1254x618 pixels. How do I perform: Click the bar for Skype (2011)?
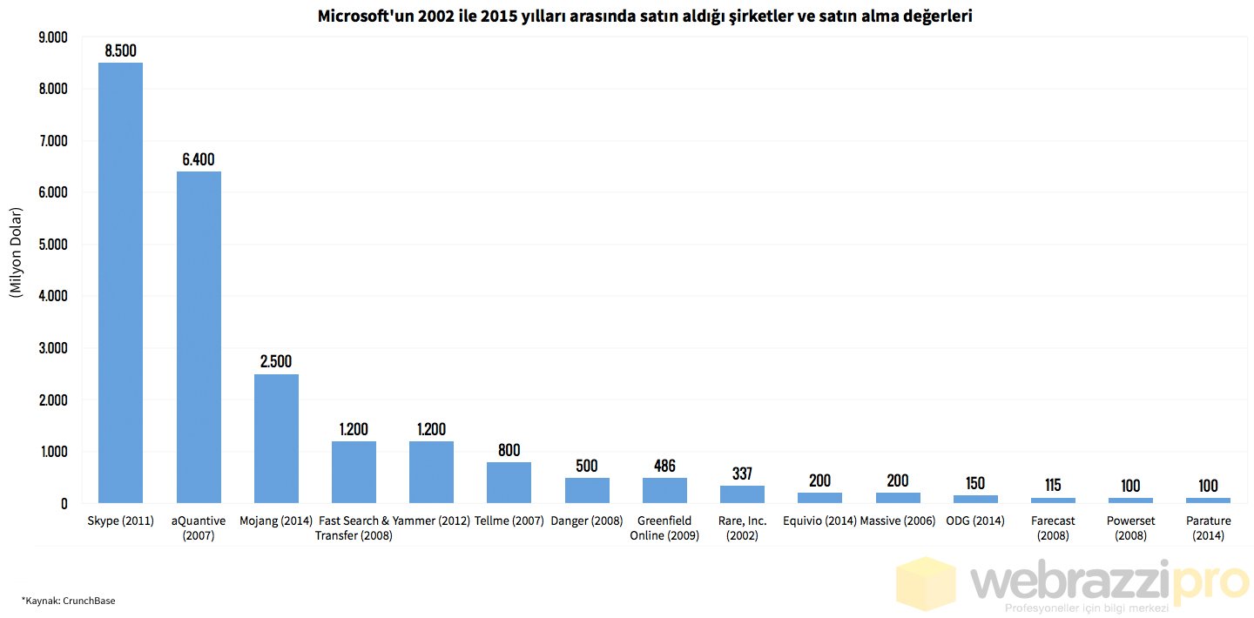(x=120, y=283)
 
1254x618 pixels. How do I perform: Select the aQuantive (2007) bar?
(x=199, y=337)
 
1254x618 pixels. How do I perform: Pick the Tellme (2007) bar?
(x=509, y=482)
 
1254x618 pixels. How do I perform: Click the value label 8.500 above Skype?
(x=120, y=50)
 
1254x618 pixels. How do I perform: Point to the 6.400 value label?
(x=199, y=159)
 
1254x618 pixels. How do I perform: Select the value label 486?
(x=664, y=466)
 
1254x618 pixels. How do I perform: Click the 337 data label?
(x=742, y=474)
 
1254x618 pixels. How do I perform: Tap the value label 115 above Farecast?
(x=1053, y=485)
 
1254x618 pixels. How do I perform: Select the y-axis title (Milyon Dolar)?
(x=16, y=253)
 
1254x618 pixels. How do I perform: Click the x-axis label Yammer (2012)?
(x=431, y=521)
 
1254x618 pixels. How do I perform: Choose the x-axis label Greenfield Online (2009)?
(x=664, y=528)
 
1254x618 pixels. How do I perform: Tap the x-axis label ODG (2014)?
(x=975, y=521)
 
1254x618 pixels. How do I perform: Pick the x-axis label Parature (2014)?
(x=1208, y=528)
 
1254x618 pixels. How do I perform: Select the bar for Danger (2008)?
(x=587, y=490)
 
